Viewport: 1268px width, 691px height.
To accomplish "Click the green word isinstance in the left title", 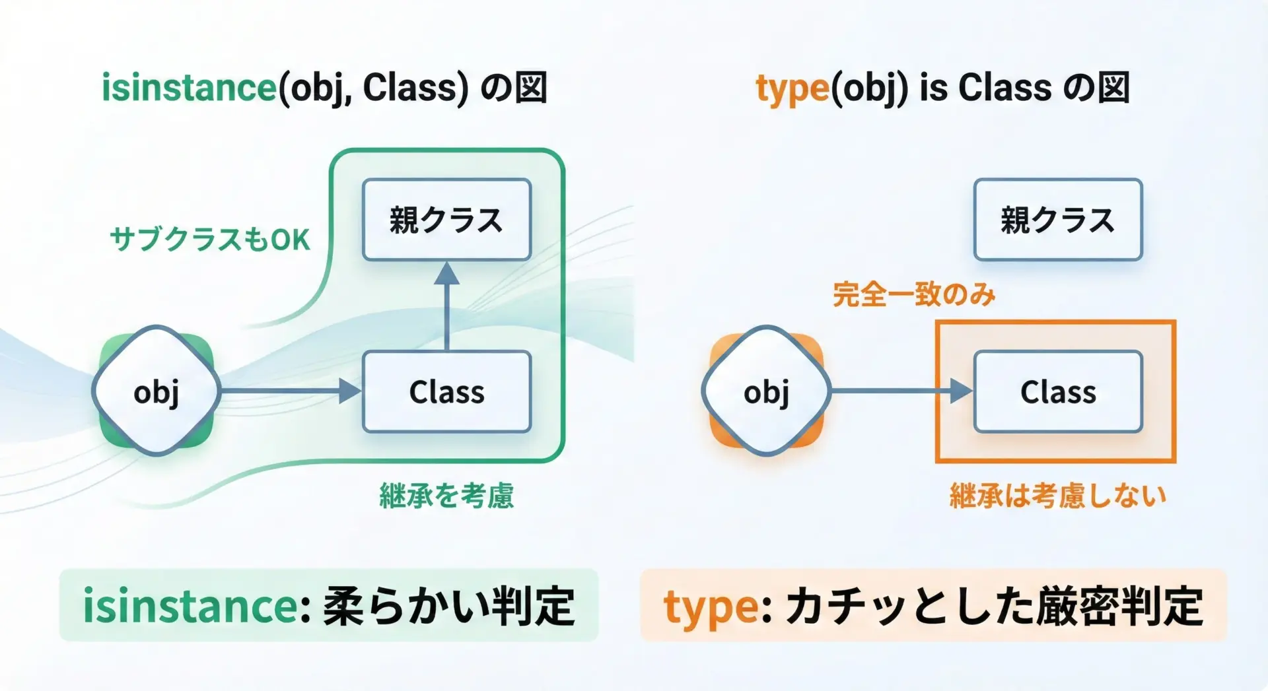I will pyautogui.click(x=189, y=88).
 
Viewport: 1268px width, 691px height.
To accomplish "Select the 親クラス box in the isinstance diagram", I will pyautogui.click(x=446, y=220).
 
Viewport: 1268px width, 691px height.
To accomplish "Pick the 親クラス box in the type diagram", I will pyautogui.click(x=1058, y=220).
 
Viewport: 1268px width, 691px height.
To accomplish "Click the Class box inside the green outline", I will pyautogui.click(x=446, y=392).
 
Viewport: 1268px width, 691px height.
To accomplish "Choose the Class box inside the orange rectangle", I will pyautogui.click(x=1058, y=392).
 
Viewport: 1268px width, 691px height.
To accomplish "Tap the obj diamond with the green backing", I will pyautogui.click(x=156, y=391).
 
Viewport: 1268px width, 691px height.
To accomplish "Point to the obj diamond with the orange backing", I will pyautogui.click(x=766, y=391).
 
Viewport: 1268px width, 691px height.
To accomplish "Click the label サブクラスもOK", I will pyautogui.click(x=209, y=239).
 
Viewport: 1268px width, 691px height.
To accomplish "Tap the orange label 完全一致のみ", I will pyautogui.click(x=914, y=294).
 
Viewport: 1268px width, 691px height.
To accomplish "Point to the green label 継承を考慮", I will pyautogui.click(x=446, y=496).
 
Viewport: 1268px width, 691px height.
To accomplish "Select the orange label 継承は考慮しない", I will pyautogui.click(x=1058, y=496).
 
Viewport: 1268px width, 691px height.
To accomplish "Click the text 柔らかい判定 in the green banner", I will pyautogui.click(x=449, y=606).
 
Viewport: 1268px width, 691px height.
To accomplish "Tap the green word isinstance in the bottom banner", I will pyautogui.click(x=192, y=606).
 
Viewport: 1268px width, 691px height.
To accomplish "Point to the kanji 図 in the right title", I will pyautogui.click(x=1113, y=88).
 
